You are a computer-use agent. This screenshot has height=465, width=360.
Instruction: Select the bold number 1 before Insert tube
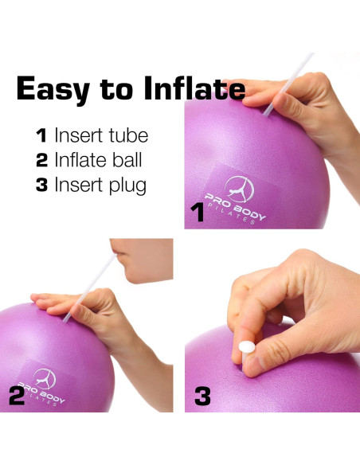point(41,135)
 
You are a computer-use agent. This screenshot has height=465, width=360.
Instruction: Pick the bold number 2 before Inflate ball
point(41,159)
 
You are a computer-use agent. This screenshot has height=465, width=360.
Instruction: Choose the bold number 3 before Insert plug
point(41,185)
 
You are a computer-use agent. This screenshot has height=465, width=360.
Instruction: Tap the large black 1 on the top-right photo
point(197,213)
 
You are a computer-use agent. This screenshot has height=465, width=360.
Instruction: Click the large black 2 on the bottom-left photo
point(15,396)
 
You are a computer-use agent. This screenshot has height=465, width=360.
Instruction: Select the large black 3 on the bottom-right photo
point(202,396)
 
